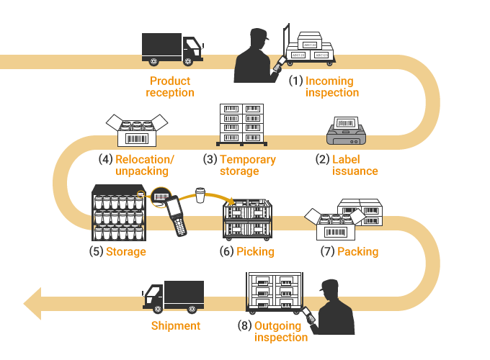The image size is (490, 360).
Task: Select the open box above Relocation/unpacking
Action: (131, 129)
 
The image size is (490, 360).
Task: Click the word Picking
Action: (256, 252)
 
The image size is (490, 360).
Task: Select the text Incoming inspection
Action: (331, 86)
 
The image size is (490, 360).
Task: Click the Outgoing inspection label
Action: (280, 332)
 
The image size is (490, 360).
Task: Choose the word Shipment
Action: (175, 326)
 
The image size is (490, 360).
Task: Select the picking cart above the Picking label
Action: (247, 220)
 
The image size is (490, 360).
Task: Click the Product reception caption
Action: (170, 86)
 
